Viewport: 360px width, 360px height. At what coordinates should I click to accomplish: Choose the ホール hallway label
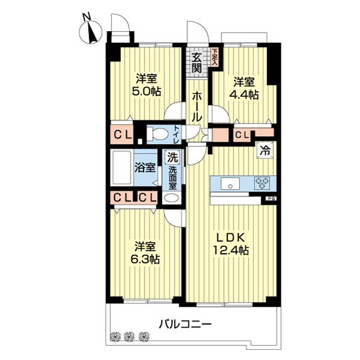click(197, 106)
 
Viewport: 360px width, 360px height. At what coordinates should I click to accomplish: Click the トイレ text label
click(176, 133)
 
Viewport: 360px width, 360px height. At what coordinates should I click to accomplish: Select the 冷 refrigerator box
click(264, 151)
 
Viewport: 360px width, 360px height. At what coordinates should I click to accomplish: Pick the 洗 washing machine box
click(172, 159)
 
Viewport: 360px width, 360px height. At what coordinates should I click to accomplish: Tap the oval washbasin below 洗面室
click(172, 198)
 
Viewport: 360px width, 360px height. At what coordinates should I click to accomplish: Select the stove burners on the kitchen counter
click(263, 183)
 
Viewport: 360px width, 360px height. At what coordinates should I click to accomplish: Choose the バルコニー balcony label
click(185, 324)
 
